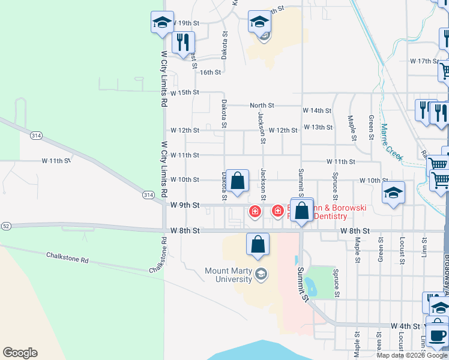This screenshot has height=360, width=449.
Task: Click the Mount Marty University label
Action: (x=229, y=275)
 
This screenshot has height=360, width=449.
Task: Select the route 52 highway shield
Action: (x=5, y=226)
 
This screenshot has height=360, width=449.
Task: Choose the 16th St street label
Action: (x=211, y=72)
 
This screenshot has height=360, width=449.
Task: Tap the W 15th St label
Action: (x=184, y=92)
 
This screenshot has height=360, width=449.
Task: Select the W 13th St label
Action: (x=318, y=127)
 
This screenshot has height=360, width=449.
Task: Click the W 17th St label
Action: (x=425, y=61)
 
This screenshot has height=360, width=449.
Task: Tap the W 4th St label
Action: (x=405, y=326)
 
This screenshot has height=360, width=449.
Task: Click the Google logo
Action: (x=20, y=353)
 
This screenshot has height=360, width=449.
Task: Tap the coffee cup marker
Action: (x=438, y=335)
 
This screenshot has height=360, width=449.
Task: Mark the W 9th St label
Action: (x=184, y=205)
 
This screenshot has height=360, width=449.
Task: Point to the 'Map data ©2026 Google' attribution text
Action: (x=412, y=355)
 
